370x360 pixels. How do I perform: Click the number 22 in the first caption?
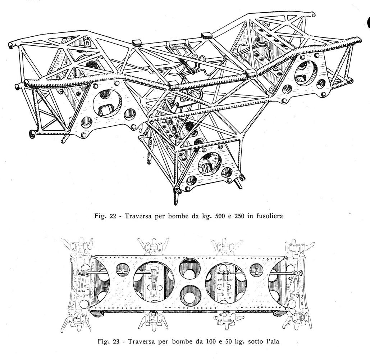tap(113, 216)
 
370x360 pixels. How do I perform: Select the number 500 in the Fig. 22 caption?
tap(219, 216)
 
